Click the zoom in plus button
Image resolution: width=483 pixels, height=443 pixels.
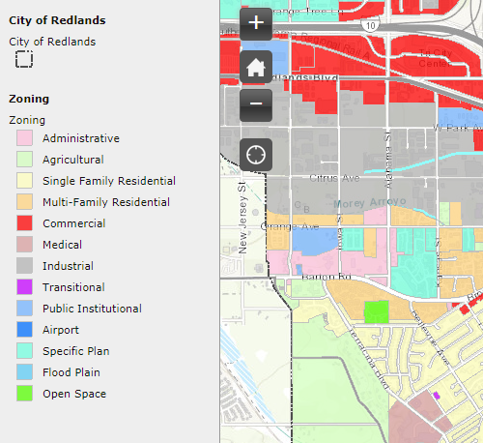tap(256, 23)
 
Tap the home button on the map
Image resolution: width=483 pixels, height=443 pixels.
tap(256, 67)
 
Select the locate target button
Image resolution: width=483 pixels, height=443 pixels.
tap(256, 154)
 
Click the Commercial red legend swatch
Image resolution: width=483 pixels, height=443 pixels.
tap(24, 223)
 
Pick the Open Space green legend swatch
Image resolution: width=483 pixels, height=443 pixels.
tap(24, 394)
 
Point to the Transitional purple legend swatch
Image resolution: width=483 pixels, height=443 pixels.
tap(24, 287)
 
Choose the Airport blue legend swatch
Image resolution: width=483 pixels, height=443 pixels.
tap(24, 330)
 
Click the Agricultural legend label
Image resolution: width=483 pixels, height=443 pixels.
tap(72, 160)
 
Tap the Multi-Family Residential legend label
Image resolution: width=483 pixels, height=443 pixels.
tap(105, 202)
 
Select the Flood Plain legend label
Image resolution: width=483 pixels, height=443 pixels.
tap(71, 372)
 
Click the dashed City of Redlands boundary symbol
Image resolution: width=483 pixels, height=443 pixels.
tap(24, 60)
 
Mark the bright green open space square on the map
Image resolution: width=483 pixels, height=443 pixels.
tap(376, 311)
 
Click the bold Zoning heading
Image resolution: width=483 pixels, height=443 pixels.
tap(28, 99)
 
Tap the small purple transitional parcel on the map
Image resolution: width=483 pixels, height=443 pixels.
tap(437, 396)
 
